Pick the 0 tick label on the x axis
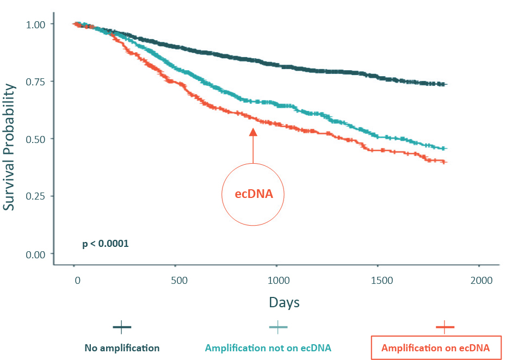click(x=77, y=281)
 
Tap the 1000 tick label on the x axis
click(x=278, y=281)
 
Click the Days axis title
click(x=283, y=302)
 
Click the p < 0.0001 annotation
click(x=105, y=244)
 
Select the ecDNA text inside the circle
click(x=253, y=194)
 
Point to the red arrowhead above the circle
click(x=253, y=132)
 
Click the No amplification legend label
click(x=122, y=348)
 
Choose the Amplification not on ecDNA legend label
click(x=268, y=348)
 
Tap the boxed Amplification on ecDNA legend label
click(x=435, y=348)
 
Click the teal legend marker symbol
click(x=278, y=327)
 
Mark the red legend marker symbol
click(x=445, y=327)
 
